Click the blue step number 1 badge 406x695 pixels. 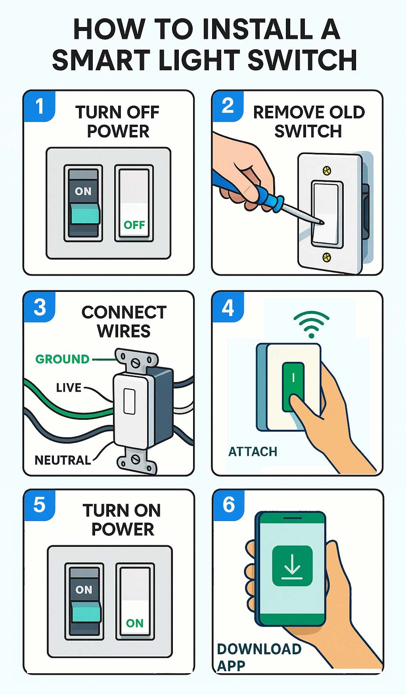[39, 106]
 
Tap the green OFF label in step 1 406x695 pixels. [134, 225]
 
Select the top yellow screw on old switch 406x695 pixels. [327, 171]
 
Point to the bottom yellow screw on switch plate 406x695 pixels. [326, 257]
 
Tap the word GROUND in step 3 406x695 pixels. [62, 359]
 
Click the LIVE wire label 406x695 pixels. [69, 388]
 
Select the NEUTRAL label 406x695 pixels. [63, 460]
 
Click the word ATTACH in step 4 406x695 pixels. [253, 452]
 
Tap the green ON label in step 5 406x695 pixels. [134, 623]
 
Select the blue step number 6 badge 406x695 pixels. [229, 505]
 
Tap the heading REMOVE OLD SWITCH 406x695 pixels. [308, 122]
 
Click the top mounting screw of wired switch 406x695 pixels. [136, 361]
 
